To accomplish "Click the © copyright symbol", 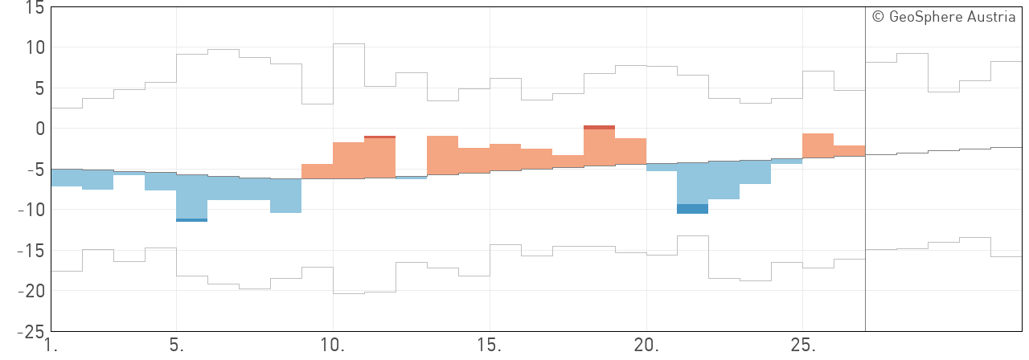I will click(x=878, y=17).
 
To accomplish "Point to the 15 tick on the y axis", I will click(x=35, y=8).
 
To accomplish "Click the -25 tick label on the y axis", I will click(x=31, y=330).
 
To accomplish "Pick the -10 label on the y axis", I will click(x=31, y=210).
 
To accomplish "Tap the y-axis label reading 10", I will click(x=35, y=48).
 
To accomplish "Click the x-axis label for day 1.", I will click(x=51, y=346).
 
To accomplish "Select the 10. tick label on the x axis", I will click(x=333, y=346).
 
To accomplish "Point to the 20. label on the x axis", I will click(x=646, y=346).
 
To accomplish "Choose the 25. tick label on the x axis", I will click(x=803, y=346).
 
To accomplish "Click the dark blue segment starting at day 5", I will click(x=192, y=220).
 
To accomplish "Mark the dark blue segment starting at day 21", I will click(x=693, y=209).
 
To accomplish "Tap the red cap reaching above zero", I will click(x=599, y=127).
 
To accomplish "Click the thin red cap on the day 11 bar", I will click(x=379, y=137).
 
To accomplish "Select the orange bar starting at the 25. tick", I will click(x=818, y=145).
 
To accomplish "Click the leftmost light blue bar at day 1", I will click(x=66, y=178).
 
